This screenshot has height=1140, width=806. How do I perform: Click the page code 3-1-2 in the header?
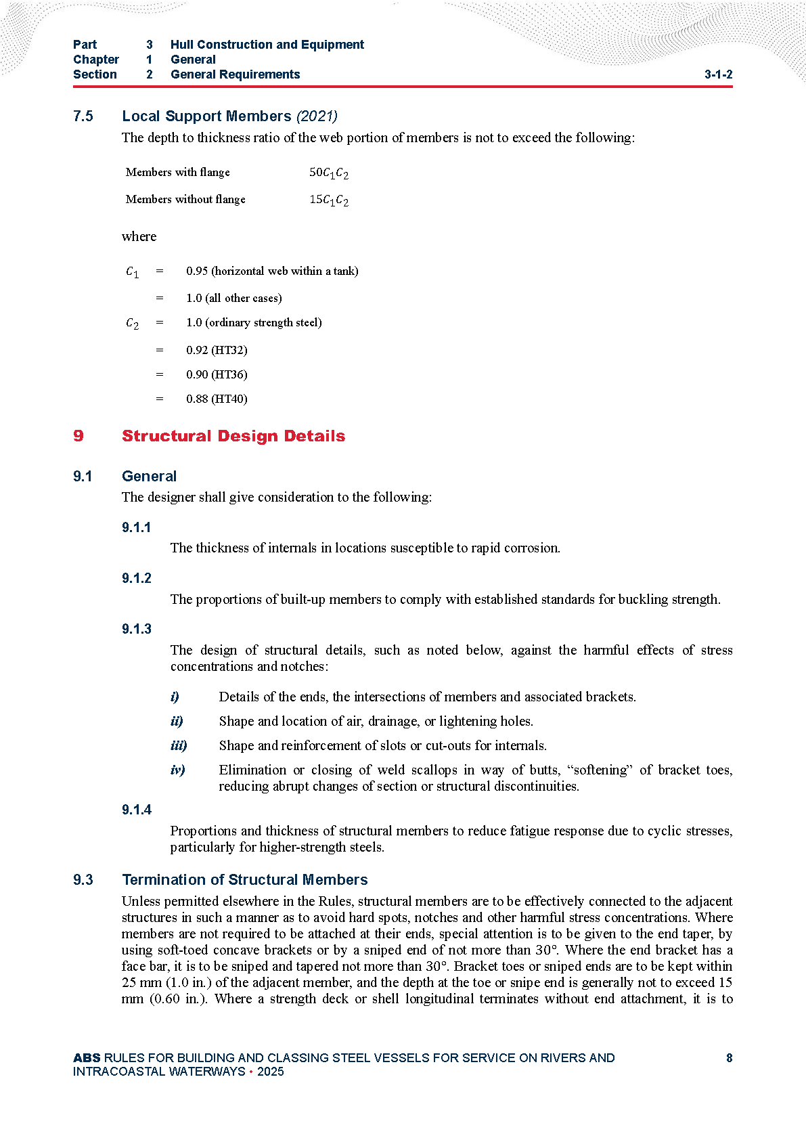coord(718,74)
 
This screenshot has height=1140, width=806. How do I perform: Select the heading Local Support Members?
coord(206,116)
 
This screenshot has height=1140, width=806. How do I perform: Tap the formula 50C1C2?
coord(329,173)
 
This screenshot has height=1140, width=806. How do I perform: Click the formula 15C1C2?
coord(329,200)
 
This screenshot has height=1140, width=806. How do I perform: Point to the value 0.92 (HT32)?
coord(217,350)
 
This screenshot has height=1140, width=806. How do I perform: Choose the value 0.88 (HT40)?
coord(217,399)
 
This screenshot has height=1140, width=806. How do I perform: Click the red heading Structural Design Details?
coord(233,436)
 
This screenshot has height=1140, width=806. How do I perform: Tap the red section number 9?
coord(79,436)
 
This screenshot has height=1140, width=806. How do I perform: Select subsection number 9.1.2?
coord(137,578)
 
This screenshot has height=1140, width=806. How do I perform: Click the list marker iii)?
coord(179,745)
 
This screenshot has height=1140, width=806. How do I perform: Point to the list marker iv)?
coord(178,770)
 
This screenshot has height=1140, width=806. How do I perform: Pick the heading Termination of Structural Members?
coord(245,879)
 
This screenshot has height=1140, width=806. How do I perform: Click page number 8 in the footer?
coord(729,1058)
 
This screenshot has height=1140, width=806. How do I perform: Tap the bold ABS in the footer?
coord(87,1058)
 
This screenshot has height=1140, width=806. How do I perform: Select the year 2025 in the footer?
coord(271,1072)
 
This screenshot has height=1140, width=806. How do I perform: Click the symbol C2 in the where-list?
coord(133,324)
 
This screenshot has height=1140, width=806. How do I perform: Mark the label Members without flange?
coord(185,199)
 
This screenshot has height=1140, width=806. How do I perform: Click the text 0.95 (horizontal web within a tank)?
coord(272,271)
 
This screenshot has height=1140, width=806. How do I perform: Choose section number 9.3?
coord(83,879)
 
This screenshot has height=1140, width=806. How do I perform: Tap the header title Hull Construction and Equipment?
coord(267,45)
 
